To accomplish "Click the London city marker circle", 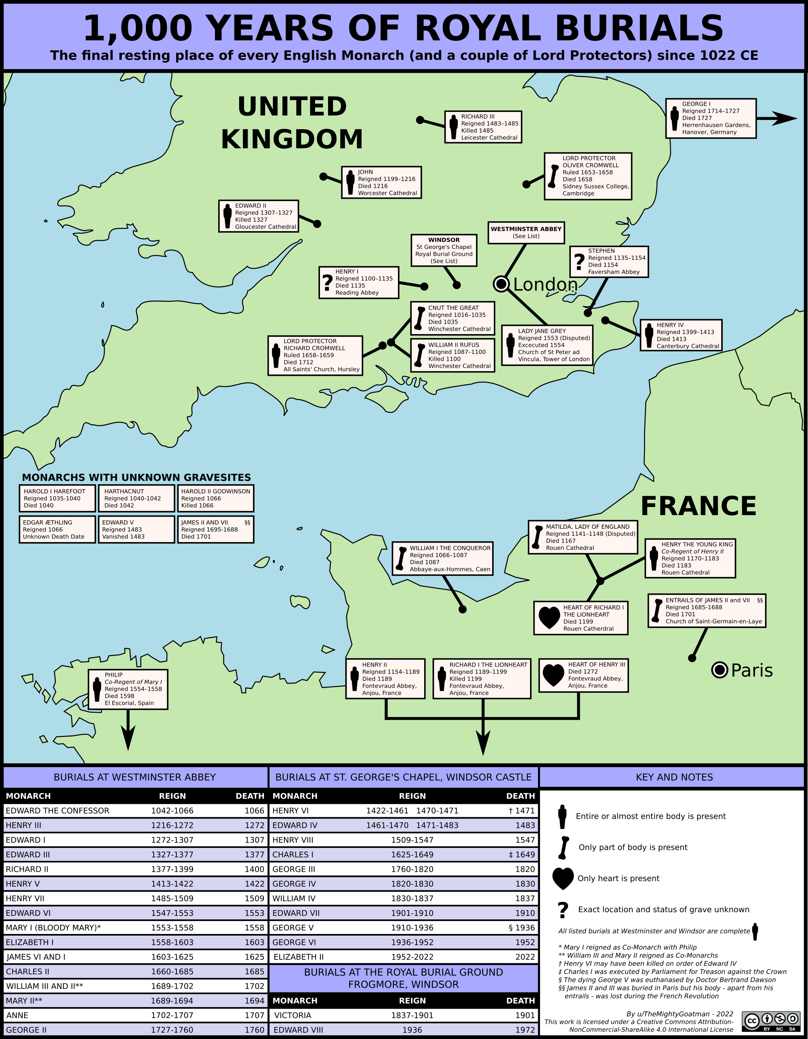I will [501, 284].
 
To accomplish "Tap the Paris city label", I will [751, 670].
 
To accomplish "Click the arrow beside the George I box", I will [776, 118].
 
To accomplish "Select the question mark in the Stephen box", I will [579, 262].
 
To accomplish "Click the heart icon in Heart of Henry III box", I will [553, 675].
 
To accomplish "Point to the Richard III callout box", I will [483, 127].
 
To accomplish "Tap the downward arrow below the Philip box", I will [128, 737].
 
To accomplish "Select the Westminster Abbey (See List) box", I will [526, 233].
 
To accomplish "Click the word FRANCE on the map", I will [698, 506].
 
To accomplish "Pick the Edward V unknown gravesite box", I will [136, 530].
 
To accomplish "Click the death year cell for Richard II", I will [254, 869].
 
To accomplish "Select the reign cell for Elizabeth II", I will [412, 957].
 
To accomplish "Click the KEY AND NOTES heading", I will [674, 777].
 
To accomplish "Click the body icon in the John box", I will [350, 183].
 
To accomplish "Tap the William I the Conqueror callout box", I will [442, 559].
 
